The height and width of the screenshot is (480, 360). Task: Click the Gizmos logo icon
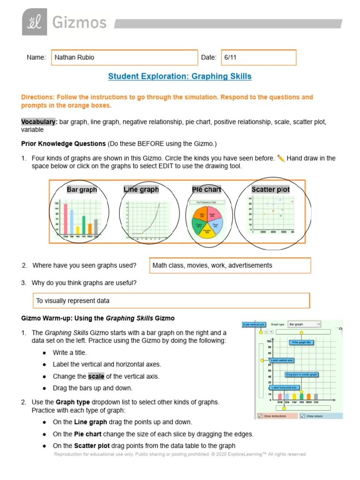tap(35, 22)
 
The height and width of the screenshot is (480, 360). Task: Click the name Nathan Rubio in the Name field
tap(75, 57)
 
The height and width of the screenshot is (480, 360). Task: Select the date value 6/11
tap(230, 57)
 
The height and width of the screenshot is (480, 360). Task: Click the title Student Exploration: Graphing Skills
tap(180, 76)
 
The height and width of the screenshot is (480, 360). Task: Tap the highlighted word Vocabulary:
tap(39, 122)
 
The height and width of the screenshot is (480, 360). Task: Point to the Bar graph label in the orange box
tap(82, 190)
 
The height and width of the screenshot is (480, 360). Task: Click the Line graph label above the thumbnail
tap(141, 189)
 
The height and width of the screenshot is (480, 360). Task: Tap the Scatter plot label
tap(270, 189)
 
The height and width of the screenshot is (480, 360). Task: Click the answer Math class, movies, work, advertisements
tap(212, 265)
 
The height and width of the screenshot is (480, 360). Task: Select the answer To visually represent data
tap(73, 300)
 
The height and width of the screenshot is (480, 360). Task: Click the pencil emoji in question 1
tap(281, 158)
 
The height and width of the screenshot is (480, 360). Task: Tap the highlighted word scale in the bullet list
tap(96, 376)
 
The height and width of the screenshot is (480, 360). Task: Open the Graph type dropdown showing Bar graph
tap(304, 324)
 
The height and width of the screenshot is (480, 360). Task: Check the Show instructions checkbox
tap(260, 416)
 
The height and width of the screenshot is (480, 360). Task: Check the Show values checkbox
tap(303, 416)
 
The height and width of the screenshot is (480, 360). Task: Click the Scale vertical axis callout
tap(254, 324)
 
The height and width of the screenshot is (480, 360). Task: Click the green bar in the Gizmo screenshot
tap(301, 397)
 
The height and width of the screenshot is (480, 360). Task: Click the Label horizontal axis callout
tap(285, 388)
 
